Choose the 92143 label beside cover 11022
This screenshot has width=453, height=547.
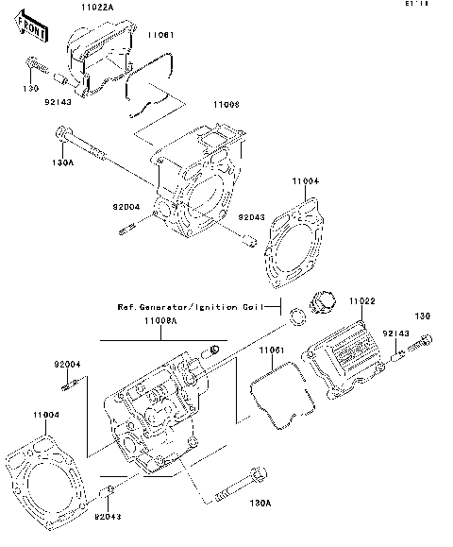(x=394, y=333)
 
